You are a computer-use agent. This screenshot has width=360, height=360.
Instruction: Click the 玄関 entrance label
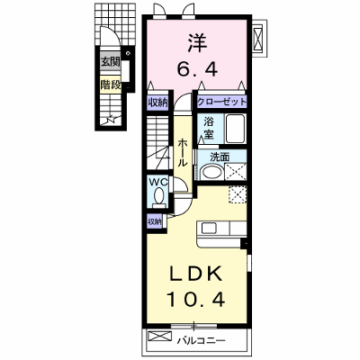tap(110, 62)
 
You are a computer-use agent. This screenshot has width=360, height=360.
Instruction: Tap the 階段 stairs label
tap(110, 85)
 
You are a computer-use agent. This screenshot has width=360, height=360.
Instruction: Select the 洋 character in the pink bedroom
tap(197, 43)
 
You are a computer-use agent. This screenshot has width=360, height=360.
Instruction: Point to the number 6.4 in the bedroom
tap(197, 69)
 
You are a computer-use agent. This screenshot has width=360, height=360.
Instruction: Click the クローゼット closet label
tap(221, 103)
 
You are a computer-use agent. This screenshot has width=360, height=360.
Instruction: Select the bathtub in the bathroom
tap(235, 129)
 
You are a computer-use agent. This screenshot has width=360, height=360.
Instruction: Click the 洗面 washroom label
tap(220, 157)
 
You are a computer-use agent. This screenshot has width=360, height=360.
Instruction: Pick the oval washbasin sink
tap(211, 172)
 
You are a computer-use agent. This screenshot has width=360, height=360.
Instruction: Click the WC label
tap(158, 182)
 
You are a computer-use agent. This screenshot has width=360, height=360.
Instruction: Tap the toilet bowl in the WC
tap(158, 195)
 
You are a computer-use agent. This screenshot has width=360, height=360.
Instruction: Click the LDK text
tap(197, 273)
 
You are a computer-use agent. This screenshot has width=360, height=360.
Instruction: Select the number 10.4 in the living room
tap(196, 299)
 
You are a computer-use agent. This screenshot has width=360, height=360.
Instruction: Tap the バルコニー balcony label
tap(201, 341)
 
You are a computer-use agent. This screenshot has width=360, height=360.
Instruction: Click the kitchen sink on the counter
tap(210, 229)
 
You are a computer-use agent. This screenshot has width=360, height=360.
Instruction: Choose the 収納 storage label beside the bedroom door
tap(158, 103)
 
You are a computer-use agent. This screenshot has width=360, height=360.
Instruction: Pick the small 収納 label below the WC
tap(155, 221)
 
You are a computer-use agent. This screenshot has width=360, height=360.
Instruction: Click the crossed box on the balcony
tap(160, 336)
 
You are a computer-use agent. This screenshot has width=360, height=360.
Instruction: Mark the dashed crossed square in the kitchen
tap(238, 194)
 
